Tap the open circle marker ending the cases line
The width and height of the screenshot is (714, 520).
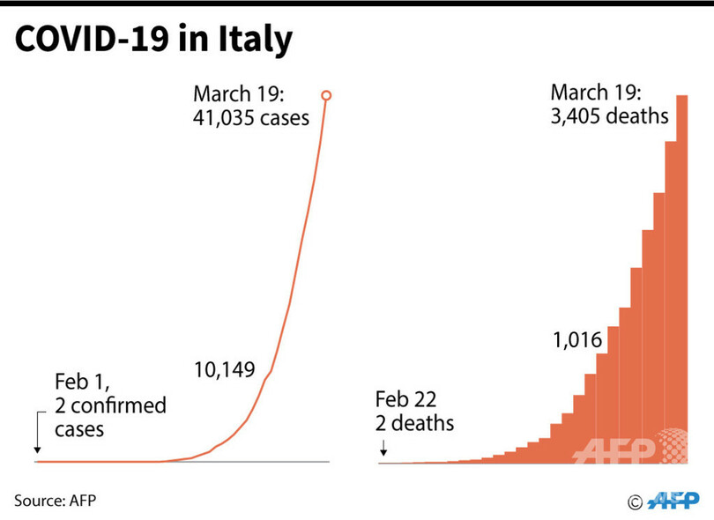[327, 95]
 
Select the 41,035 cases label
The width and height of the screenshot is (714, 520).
[250, 116]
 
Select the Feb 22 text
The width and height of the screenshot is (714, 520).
[405, 399]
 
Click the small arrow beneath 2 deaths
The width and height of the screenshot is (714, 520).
[383, 451]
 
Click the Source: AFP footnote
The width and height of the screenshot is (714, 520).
[55, 500]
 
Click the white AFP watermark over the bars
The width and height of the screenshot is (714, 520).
[617, 449]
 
